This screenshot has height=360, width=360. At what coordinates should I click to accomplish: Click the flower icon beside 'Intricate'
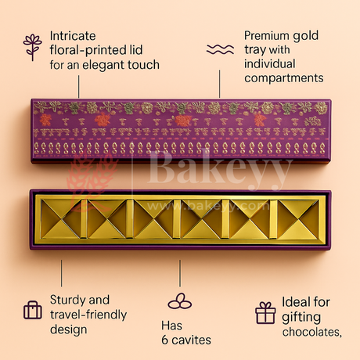pyautogui.click(x=32, y=48)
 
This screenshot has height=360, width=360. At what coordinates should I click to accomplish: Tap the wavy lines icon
pyautogui.click(x=220, y=49)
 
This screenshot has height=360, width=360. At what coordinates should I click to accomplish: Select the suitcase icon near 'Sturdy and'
pyautogui.click(x=33, y=310)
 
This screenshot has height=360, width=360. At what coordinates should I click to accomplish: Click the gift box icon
pyautogui.click(x=265, y=313)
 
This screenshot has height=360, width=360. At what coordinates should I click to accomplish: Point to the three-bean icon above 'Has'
pyautogui.click(x=180, y=301)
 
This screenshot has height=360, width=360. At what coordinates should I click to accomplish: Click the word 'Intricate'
pyautogui.click(x=73, y=36)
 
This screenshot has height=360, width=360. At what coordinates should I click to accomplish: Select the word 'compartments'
pyautogui.click(x=284, y=78)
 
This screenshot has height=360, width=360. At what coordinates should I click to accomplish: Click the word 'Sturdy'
pyautogui.click(x=67, y=301)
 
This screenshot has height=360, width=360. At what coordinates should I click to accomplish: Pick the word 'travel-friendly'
pyautogui.click(x=88, y=315)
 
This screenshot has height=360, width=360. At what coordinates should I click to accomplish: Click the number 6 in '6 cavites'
pyautogui.click(x=165, y=340)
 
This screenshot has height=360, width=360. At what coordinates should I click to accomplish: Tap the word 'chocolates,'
pyautogui.click(x=312, y=332)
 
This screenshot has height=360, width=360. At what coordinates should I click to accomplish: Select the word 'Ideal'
pyautogui.click(x=297, y=302)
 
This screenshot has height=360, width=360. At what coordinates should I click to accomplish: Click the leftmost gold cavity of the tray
pyautogui.click(x=60, y=219)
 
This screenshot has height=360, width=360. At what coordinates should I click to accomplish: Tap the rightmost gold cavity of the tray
pyautogui.click(x=298, y=219)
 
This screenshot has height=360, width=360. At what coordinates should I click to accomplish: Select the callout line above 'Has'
pyautogui.click(x=180, y=273)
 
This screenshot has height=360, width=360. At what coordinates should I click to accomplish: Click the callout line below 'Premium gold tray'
pyautogui.click(x=219, y=84)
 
